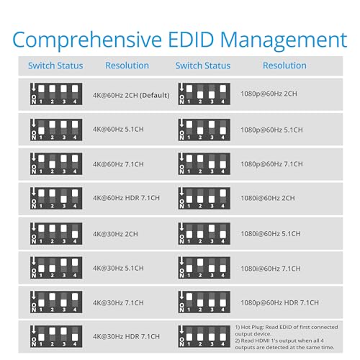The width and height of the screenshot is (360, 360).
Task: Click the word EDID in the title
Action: [191, 40]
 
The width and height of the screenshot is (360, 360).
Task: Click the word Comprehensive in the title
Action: [87, 40]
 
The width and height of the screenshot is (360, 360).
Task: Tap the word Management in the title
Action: [284, 40]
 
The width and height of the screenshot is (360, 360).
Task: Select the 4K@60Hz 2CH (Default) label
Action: [131, 95]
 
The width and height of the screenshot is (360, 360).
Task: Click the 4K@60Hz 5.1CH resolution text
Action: [118, 129]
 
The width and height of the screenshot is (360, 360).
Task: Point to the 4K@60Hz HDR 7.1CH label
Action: [126, 198]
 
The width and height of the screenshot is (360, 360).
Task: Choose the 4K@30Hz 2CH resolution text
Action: [115, 234]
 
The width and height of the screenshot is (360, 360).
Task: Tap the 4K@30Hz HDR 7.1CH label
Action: [126, 336]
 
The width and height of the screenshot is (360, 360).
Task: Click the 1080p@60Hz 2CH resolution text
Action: [269, 94]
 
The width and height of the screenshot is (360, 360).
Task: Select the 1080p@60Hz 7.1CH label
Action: [271, 164]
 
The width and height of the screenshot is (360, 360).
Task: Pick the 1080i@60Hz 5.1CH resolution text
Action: [271, 234]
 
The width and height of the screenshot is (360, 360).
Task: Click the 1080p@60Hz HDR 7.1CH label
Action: [279, 302]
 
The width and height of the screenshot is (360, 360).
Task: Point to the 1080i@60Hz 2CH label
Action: [268, 198]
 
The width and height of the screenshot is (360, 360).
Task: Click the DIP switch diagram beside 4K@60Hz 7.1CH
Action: [56, 163]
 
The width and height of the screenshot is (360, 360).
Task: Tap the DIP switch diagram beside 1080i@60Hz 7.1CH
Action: [204, 268]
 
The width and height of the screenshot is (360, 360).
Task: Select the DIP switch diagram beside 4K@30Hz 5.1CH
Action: [56, 268]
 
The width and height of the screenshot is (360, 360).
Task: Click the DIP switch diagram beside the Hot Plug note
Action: [204, 336]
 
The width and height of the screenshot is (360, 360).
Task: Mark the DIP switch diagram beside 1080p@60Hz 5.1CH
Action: [204, 130]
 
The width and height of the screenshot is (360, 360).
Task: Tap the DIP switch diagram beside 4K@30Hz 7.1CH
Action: [56, 302]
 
